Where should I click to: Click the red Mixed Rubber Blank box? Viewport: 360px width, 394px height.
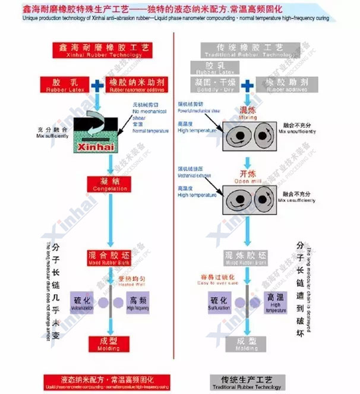[109, 257]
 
